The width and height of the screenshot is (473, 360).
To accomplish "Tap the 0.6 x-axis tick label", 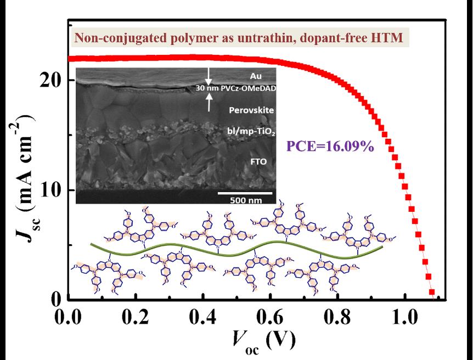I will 270,318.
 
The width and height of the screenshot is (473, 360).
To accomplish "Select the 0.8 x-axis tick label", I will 337,318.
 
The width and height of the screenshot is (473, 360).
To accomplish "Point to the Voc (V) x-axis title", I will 258,341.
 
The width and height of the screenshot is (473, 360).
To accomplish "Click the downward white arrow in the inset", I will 207,77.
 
